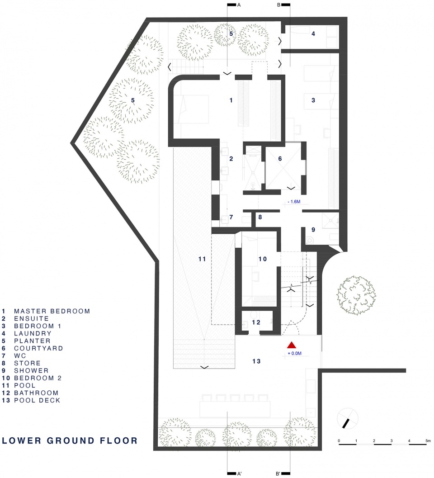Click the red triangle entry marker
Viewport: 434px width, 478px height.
[x=292, y=345]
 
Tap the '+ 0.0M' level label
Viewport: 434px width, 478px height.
[x=294, y=353]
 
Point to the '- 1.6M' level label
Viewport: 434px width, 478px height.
[x=294, y=202]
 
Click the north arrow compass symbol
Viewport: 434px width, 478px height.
[x=348, y=419]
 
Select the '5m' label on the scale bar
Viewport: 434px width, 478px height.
[x=428, y=441]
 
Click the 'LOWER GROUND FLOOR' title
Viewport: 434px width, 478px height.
[x=70, y=440]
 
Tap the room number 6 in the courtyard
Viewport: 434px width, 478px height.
[x=280, y=159]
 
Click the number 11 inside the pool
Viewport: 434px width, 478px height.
[x=202, y=259]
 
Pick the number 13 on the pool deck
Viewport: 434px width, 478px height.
[x=256, y=361]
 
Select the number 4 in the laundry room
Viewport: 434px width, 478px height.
[x=313, y=33]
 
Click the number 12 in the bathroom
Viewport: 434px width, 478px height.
[x=256, y=322]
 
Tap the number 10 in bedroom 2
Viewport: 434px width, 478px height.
[x=262, y=259]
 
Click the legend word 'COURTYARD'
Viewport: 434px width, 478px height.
[x=38, y=348]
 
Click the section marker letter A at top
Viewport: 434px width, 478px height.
[x=239, y=5]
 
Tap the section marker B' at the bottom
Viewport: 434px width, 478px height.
[x=278, y=473]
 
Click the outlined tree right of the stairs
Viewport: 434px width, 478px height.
[x=356, y=295]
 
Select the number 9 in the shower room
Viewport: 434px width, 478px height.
[x=313, y=230]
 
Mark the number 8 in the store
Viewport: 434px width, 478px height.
[x=260, y=217]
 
